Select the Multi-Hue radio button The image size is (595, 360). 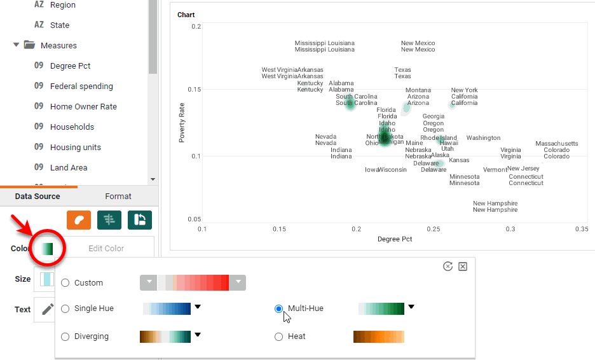pos(278,308)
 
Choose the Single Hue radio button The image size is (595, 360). pos(65,308)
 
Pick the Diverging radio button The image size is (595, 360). pos(65,336)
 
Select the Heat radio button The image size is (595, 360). pos(278,336)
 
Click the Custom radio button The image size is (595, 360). pos(65,283)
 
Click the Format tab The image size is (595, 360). pos(118,197)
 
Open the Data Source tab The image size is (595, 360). pos(38,197)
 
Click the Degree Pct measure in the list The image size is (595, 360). pos(70,66)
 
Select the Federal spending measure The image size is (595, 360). pos(81,87)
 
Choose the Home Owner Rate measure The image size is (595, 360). pos(83,107)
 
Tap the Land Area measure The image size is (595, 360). pos(69,168)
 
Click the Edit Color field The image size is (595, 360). pos(106,249)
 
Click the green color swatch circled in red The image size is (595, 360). pos(46,249)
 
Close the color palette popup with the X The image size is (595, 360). pos(463,267)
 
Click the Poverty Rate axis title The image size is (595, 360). pos(182,122)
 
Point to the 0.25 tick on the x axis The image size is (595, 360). pos(434,229)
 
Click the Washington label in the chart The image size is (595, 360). pos(483,138)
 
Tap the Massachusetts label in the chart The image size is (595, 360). pos(557,144)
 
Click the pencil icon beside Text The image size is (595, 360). pos(47,310)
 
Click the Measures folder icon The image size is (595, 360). pos(29,46)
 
